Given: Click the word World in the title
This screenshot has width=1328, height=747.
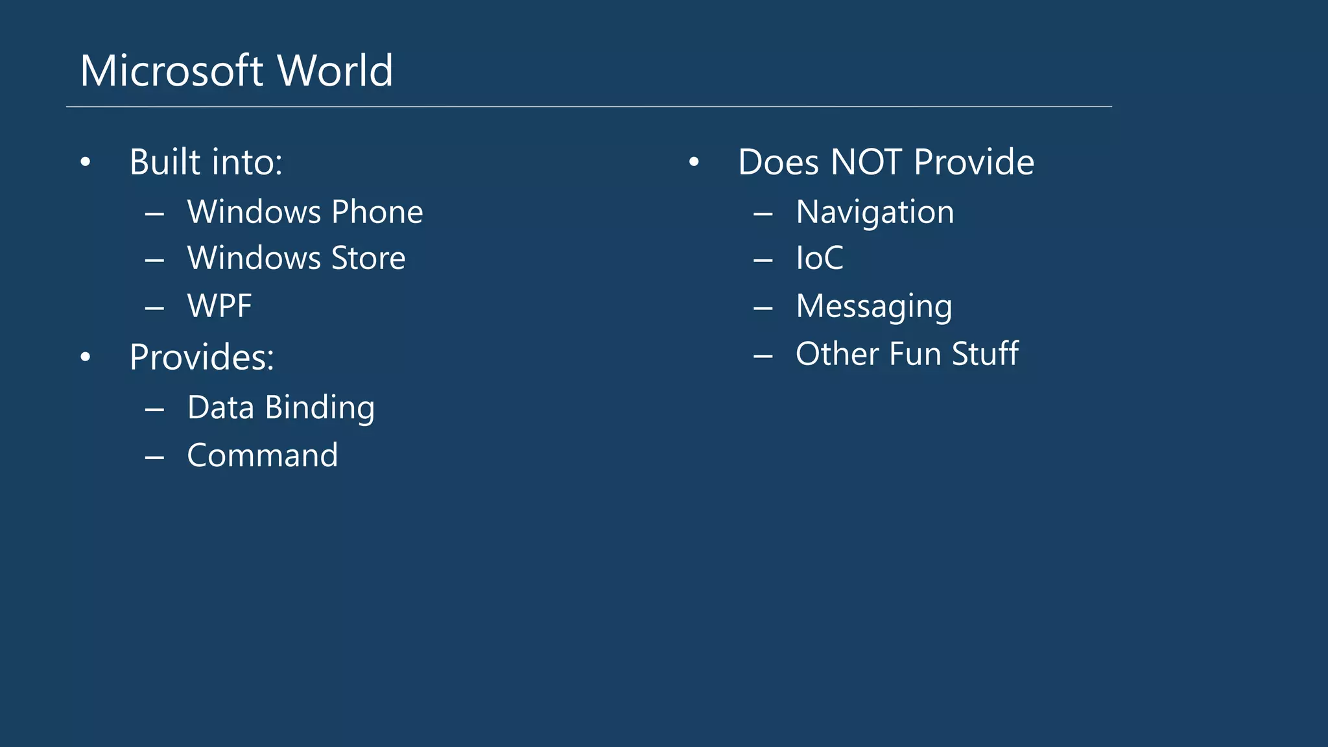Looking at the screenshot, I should point(335,71).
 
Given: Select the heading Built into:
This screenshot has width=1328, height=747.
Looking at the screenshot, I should point(206,162).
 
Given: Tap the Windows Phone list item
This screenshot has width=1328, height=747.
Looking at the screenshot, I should point(305,212).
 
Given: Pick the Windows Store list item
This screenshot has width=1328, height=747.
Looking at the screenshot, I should point(296,258).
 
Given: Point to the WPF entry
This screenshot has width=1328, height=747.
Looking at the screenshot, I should point(219,306).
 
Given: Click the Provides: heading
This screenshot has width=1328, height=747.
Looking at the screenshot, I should point(202,357).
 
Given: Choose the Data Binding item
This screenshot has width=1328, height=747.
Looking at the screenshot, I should point(281,408).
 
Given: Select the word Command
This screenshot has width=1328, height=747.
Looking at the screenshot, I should point(263,455).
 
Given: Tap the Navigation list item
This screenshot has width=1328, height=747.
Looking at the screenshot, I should point(875,212).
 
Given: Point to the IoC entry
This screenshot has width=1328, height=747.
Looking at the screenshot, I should point(820,258).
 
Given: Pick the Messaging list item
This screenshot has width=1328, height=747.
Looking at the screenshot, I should point(874,306).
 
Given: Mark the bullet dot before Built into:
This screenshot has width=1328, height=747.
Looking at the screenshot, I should point(86,163).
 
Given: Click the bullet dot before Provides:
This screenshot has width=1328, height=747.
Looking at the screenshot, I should point(86,357).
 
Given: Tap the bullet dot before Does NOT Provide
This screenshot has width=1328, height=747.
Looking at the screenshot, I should point(694,163).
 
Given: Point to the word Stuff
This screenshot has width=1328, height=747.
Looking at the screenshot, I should point(985,354).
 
